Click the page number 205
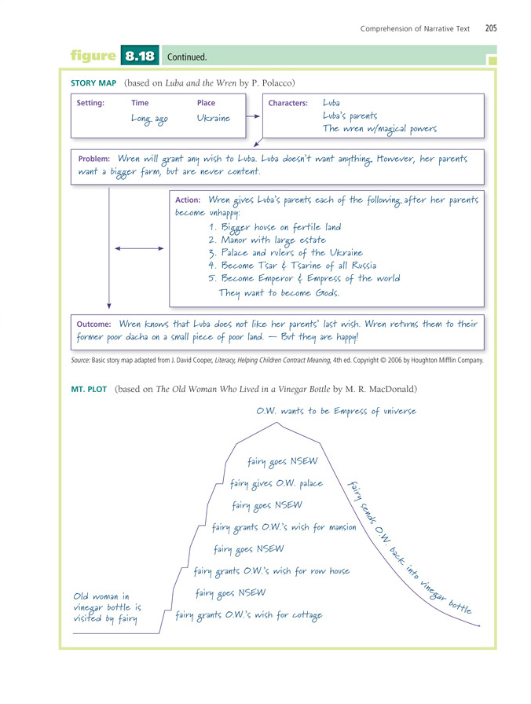[x=491, y=29]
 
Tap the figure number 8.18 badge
[x=140, y=57]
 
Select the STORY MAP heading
[x=93, y=82]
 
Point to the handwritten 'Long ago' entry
[x=149, y=118]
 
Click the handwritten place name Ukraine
[x=214, y=118]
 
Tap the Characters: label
[x=288, y=104]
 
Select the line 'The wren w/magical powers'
[x=379, y=129]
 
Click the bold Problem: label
[x=93, y=159]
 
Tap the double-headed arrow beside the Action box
[x=139, y=248]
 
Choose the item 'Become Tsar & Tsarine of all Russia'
[x=298, y=266]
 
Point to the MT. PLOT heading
[x=90, y=389]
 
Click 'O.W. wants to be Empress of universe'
[x=335, y=411]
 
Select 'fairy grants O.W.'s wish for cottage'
[x=248, y=615]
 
